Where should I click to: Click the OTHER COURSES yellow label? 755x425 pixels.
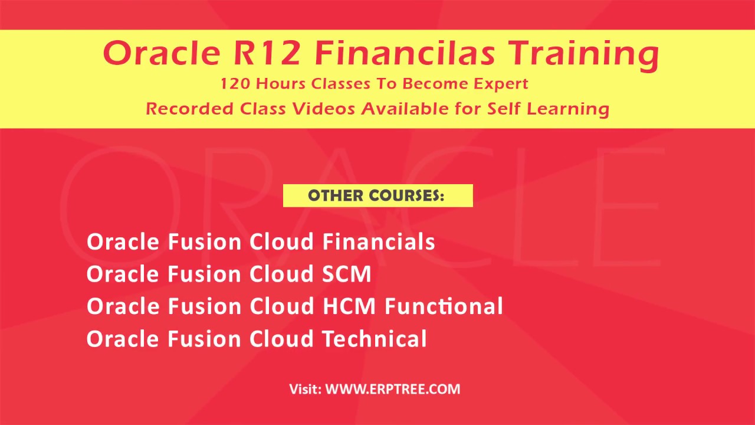point(377,196)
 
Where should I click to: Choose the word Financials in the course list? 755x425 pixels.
point(379,242)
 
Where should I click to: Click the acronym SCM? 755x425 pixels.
point(347,274)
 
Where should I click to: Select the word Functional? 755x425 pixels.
point(444,307)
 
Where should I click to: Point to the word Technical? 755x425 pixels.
point(375,339)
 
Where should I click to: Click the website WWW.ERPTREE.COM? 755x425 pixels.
point(393,389)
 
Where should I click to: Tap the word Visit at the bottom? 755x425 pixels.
point(305,389)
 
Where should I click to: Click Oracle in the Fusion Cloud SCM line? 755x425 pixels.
point(123,274)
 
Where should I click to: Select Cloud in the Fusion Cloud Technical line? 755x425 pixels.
point(281,339)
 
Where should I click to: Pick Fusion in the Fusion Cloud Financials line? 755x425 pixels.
point(205,242)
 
